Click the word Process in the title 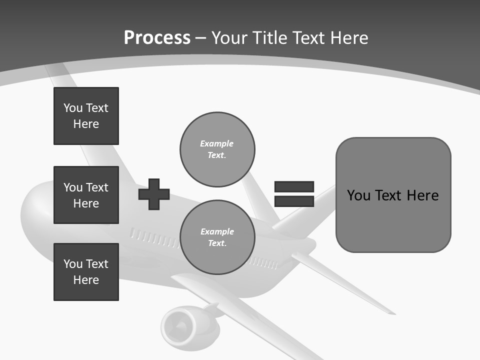click(x=157, y=38)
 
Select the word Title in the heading click(x=270, y=38)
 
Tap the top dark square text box click(x=86, y=116)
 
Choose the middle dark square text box click(x=86, y=195)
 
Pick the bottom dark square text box click(x=86, y=272)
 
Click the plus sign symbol click(x=154, y=194)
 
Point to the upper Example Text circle click(x=217, y=149)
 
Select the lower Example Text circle click(x=217, y=237)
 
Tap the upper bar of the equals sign click(x=294, y=187)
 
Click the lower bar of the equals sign click(x=294, y=201)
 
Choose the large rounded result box click(x=393, y=195)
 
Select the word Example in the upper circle click(x=217, y=143)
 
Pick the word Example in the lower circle click(x=217, y=231)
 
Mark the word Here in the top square click(x=86, y=124)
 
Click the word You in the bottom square click(x=72, y=264)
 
